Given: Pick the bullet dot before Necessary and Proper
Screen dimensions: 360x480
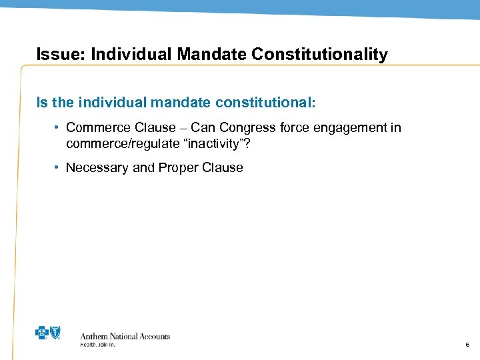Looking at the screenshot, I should point(57,168).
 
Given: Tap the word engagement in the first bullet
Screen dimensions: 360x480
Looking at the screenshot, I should point(349,127).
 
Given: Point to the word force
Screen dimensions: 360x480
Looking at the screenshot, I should point(294,127).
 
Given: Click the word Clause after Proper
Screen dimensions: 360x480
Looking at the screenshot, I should point(222,168).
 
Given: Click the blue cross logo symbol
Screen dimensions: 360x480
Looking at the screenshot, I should point(42,334).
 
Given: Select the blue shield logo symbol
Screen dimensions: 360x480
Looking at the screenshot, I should point(55,334).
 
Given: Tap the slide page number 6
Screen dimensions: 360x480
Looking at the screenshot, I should point(467,345).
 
